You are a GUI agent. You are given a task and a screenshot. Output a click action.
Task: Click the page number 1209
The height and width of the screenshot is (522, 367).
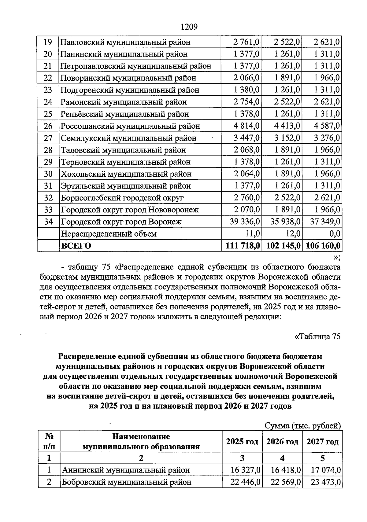[189, 27]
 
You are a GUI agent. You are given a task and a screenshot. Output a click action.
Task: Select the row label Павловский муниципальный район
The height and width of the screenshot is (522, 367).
[125, 42]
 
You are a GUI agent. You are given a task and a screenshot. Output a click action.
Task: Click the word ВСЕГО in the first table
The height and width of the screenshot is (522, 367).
[76, 246]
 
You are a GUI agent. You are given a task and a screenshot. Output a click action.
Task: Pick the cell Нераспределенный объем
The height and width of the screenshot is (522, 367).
[109, 234]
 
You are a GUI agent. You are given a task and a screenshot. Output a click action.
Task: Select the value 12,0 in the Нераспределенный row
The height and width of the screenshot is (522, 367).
[293, 234]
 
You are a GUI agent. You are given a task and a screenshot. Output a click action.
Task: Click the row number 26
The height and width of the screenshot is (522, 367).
[48, 126]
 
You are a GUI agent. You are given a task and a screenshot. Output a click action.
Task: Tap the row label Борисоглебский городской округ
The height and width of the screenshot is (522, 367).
[122, 198]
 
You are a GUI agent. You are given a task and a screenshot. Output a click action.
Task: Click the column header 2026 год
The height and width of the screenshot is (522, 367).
[282, 442]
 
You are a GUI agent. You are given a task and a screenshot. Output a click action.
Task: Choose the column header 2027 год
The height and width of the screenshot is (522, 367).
[322, 442]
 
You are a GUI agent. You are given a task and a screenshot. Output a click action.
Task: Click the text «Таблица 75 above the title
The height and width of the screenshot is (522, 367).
[317, 336]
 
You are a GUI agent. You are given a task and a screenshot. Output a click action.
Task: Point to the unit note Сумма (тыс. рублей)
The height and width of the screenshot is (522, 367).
[302, 426]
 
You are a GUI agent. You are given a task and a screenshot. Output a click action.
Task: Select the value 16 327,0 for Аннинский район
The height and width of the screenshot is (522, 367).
[246, 470]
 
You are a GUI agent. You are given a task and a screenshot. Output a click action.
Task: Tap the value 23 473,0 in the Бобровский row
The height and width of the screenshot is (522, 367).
[325, 482]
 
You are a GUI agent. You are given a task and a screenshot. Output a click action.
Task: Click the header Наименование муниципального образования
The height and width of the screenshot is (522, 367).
[141, 442]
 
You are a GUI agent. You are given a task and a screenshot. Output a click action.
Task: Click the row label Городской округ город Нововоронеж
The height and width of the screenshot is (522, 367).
[130, 210]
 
